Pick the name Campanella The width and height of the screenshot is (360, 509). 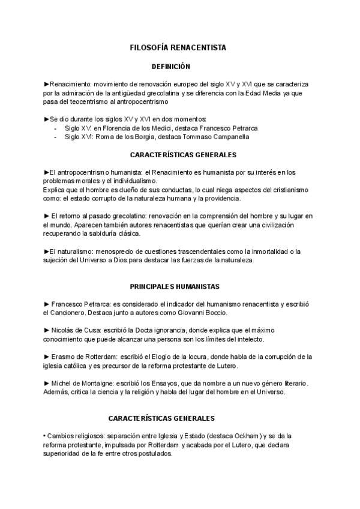[227, 137]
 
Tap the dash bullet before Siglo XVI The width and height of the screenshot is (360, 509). [55, 137]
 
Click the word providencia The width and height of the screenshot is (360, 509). [224, 199]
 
